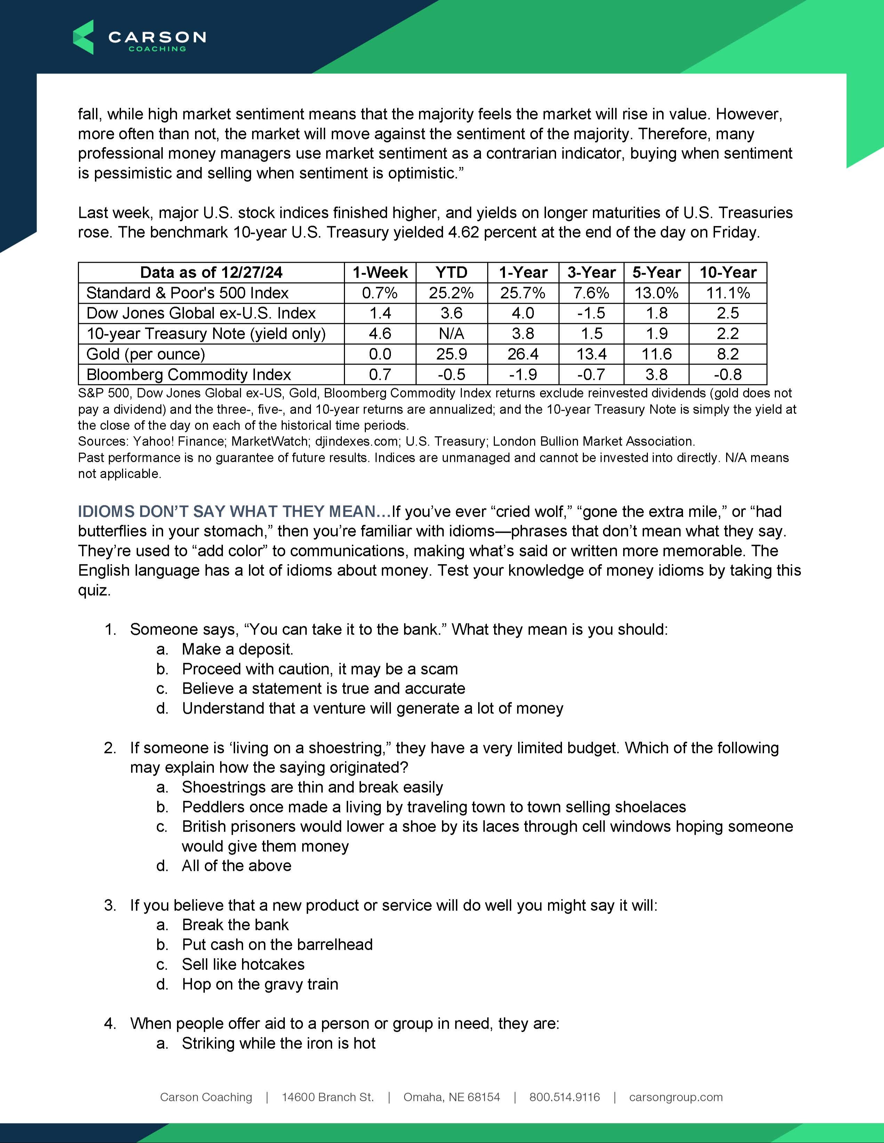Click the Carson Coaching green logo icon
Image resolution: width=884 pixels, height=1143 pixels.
[x=83, y=37]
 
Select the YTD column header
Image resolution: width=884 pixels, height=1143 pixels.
[x=451, y=273]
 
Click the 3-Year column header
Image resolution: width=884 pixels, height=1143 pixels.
[x=591, y=273]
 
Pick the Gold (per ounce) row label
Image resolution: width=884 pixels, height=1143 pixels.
[x=146, y=354]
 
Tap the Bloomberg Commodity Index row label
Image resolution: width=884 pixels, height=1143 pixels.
[x=188, y=375]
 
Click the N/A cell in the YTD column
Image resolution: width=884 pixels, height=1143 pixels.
[x=451, y=334]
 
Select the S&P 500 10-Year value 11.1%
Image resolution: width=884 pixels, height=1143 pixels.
[x=728, y=293]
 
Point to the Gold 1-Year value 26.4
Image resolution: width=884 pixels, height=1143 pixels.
[x=523, y=354]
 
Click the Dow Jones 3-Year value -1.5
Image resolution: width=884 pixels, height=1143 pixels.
[x=591, y=313]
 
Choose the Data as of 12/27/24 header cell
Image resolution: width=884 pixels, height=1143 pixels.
[x=211, y=273]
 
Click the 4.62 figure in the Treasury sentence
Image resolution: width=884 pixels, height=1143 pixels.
[x=464, y=232]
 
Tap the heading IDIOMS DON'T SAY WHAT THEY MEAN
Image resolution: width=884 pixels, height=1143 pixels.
[x=234, y=511]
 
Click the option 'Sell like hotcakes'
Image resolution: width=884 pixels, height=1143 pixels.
[x=243, y=964]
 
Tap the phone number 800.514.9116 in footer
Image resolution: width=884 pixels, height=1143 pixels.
[x=564, y=1097]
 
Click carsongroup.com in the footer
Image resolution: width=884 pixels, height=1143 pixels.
[x=676, y=1097]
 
